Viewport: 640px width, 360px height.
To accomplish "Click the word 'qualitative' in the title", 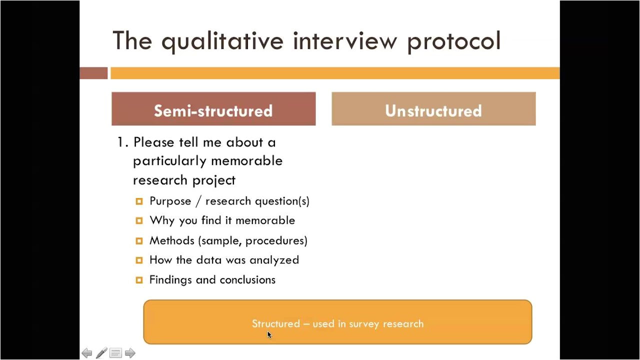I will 222,41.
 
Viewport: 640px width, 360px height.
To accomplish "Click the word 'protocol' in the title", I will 453,41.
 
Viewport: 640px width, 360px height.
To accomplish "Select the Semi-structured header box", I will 213,109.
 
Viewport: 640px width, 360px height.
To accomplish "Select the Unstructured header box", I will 433,109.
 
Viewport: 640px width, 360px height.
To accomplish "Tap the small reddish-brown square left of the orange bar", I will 93,73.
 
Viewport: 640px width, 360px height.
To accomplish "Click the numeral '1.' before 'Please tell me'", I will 123,142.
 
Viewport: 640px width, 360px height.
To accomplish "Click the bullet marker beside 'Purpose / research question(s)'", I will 139,201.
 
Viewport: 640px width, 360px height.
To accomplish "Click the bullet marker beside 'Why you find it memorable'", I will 139,220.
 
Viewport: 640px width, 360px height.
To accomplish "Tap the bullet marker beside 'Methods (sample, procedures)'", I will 139,240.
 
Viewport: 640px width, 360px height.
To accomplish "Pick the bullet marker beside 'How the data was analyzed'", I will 139,260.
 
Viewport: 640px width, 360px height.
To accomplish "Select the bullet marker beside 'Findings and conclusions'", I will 139,280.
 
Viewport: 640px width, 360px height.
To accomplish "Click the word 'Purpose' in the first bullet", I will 170,201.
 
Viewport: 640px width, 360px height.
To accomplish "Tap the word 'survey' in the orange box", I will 364,324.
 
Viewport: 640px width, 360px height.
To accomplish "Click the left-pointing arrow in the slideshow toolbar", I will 87,353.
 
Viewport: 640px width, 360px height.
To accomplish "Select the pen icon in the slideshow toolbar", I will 101,353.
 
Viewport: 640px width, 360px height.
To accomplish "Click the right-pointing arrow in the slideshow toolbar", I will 130,353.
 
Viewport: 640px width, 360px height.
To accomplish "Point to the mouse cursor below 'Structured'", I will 269,335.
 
